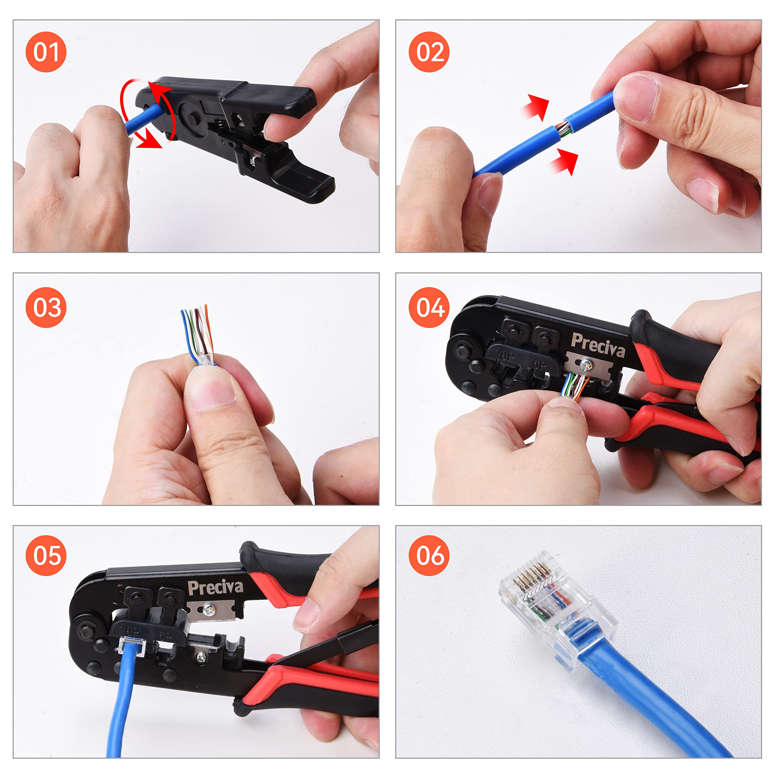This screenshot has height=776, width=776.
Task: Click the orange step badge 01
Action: (x=46, y=52)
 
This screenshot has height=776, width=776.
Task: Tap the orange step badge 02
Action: (x=429, y=52)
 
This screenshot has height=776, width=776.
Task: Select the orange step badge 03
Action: (x=46, y=308)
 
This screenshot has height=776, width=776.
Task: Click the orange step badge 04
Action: (x=429, y=308)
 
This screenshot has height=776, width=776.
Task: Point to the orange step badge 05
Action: (x=46, y=556)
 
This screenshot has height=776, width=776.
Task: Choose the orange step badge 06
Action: (x=429, y=556)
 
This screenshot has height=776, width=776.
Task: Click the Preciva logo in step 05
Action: (x=216, y=588)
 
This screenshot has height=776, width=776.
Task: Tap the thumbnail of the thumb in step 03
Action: (x=211, y=389)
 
